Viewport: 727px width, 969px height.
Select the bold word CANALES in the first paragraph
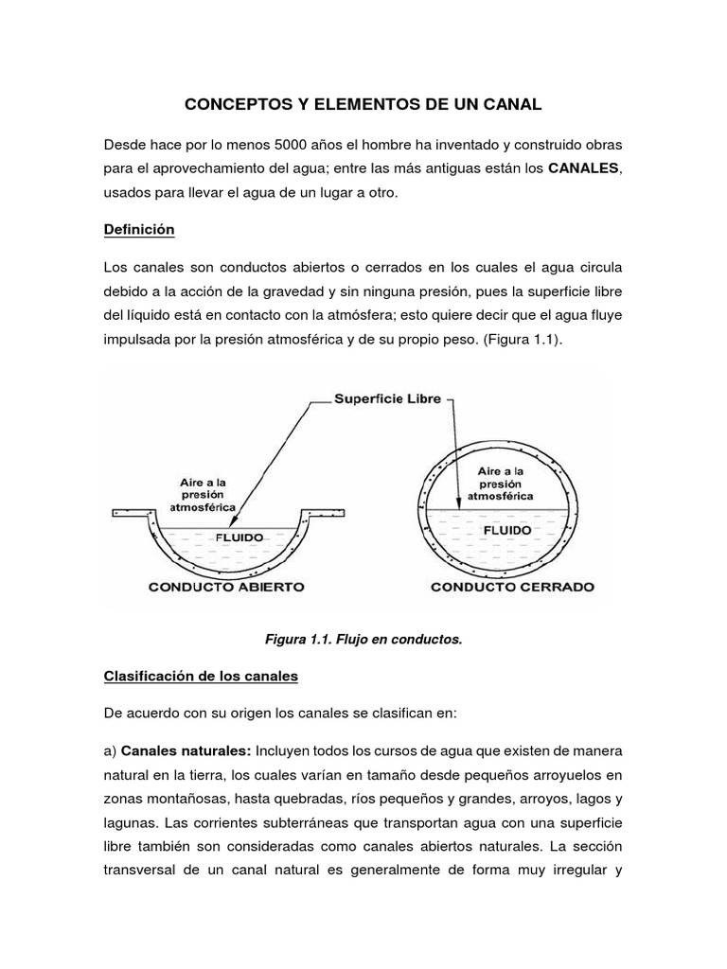pos(582,168)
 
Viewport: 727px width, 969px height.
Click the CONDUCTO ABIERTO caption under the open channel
pos(226,587)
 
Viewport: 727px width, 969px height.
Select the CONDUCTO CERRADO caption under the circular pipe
pos(512,587)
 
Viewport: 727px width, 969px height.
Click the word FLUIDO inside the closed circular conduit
pos(507,531)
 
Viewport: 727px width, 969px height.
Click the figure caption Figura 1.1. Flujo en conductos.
pos(363,640)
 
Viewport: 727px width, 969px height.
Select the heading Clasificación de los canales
pos(201,676)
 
